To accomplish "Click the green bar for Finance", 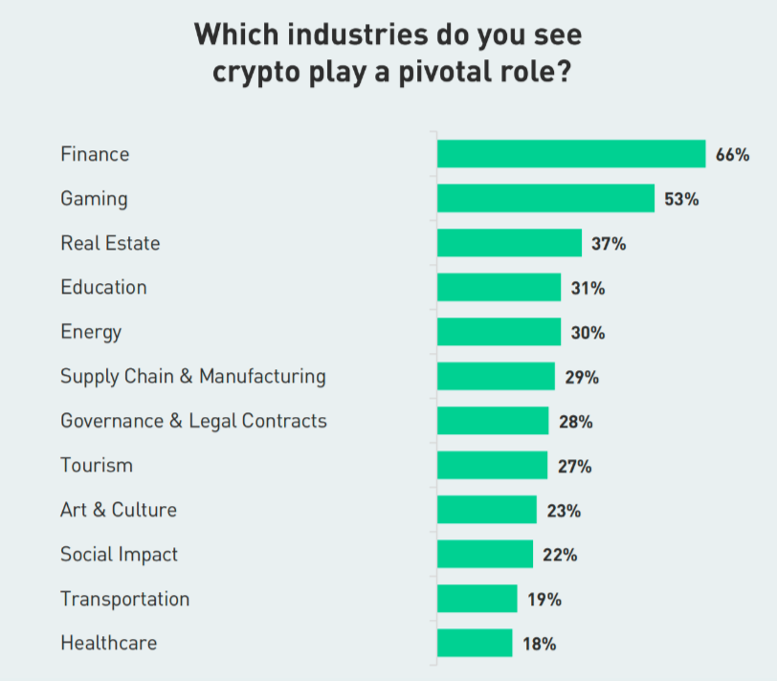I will point(571,154).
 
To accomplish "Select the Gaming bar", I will point(545,199).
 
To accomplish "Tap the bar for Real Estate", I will point(509,243).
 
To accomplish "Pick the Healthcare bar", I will point(475,643).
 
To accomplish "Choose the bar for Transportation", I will point(477,599).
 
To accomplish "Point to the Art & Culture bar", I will point(487,510).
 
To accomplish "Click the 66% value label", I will point(732,155).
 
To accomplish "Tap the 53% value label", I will point(681,200).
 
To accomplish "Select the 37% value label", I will point(609,244).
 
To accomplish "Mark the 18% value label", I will point(540,644).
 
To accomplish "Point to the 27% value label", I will point(574,467).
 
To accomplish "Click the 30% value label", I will point(588,333).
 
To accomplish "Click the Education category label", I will point(103,287).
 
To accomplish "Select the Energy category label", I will point(91,332).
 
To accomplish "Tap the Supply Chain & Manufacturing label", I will point(192,376).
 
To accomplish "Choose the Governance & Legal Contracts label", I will point(193,421).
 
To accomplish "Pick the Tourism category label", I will point(97,466).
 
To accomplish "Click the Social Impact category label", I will point(119,555).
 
